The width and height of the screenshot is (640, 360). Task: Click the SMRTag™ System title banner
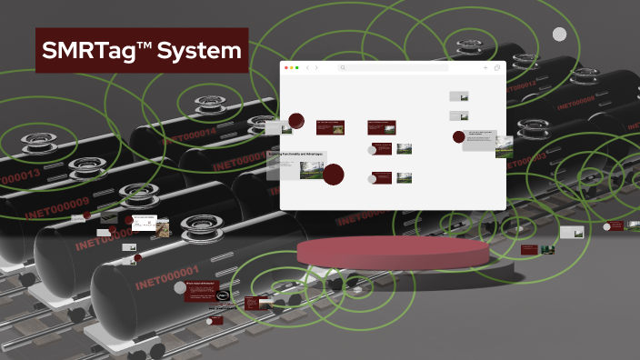click(142, 51)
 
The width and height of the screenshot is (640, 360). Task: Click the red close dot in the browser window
click(286, 68)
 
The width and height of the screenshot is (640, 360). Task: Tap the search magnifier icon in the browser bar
click(343, 68)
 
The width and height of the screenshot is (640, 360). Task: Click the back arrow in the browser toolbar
click(307, 68)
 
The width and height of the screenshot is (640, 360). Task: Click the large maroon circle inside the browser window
click(334, 175)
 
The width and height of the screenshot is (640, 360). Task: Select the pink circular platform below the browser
click(392, 250)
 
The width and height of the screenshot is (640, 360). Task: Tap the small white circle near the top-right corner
click(560, 35)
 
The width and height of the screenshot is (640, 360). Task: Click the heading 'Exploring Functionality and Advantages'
click(296, 155)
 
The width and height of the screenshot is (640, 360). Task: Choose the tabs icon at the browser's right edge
click(497, 68)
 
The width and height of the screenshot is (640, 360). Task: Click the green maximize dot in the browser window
click(297, 68)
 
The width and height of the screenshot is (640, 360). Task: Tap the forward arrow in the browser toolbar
click(316, 68)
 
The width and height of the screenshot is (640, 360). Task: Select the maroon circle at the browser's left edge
click(295, 121)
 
